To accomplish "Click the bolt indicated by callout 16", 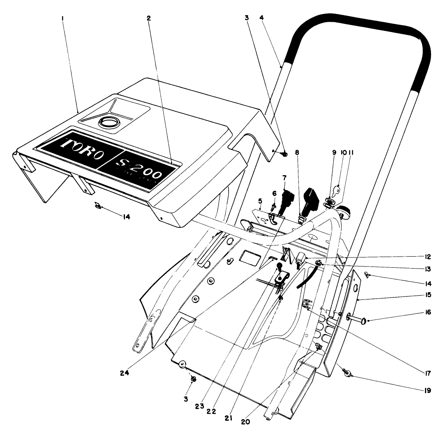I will (357, 318).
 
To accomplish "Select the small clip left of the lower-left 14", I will (98, 204).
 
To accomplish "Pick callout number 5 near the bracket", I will (260, 201).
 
